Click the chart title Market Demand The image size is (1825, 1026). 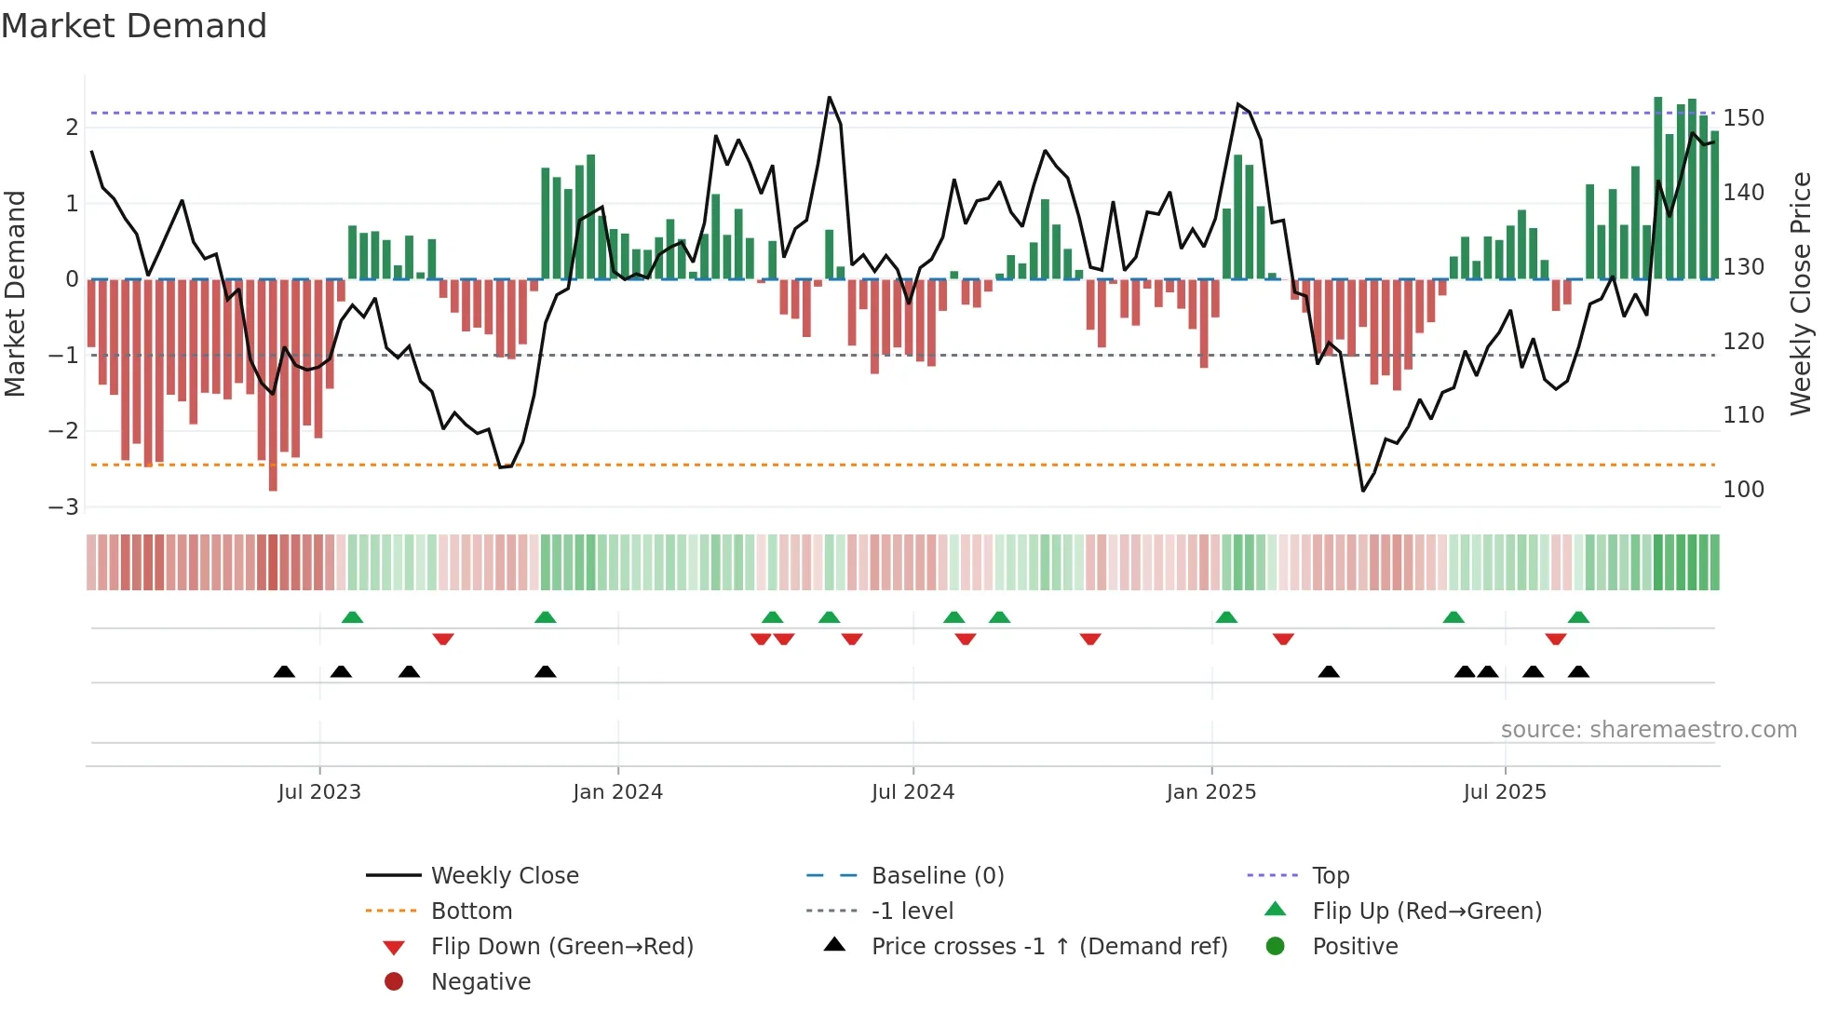click(x=134, y=26)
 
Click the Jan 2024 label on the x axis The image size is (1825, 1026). click(x=617, y=792)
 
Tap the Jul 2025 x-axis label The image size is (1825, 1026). click(x=1504, y=792)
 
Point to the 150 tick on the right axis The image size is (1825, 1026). click(x=1743, y=118)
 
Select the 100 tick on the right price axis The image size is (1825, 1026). click(x=1743, y=490)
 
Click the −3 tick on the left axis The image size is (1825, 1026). click(x=63, y=507)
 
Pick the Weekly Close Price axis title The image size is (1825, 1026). click(x=1801, y=293)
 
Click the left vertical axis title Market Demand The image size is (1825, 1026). click(x=15, y=293)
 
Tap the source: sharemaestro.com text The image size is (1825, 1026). click(x=1648, y=730)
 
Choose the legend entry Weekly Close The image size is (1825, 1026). click(x=504, y=876)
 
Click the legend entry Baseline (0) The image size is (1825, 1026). click(x=937, y=876)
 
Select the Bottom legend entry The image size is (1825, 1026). click(x=471, y=911)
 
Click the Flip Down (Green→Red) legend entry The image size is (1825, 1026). click(x=561, y=947)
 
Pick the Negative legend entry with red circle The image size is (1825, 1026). click(x=480, y=982)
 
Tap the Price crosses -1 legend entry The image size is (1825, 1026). click(x=1048, y=947)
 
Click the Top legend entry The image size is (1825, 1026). click(x=1330, y=876)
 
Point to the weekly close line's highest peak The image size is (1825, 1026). click(x=829, y=98)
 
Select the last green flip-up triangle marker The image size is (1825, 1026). click(x=1578, y=617)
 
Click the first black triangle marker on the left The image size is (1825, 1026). click(x=284, y=671)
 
